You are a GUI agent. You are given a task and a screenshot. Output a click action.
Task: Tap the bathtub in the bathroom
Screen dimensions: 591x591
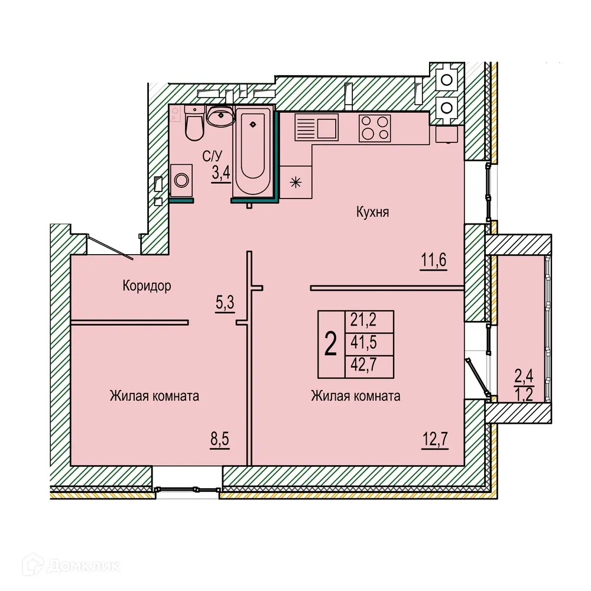pos(252,150)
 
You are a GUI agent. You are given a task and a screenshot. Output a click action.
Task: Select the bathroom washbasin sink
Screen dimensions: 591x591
pos(222,116)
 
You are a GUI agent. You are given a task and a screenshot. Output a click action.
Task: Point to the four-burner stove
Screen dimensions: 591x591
pos(375,127)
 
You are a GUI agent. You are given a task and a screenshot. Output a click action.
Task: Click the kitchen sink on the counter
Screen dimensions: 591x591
pos(317,127)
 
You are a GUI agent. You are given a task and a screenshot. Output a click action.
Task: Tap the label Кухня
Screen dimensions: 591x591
pos(372,212)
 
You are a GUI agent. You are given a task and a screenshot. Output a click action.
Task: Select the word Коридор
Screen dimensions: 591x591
pos(147,287)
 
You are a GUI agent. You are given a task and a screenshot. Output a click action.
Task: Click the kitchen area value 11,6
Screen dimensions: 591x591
pos(433,259)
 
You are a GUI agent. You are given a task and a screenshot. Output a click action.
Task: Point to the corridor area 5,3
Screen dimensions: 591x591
pos(225,303)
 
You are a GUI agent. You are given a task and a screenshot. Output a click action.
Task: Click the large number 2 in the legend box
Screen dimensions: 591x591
pos(331,343)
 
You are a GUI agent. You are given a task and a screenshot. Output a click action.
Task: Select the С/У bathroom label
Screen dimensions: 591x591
pos(212,157)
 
